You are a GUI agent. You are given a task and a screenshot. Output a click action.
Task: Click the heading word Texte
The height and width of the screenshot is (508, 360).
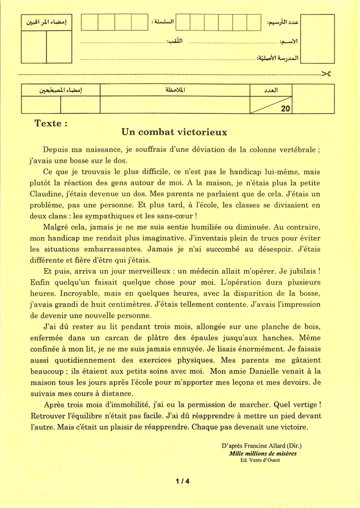pyautogui.click(x=48, y=123)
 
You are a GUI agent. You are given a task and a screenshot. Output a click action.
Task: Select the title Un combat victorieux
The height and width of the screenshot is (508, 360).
pyautogui.click(x=174, y=132)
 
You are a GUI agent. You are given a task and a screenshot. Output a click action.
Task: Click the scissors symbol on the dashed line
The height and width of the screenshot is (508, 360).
pyautogui.click(x=326, y=74)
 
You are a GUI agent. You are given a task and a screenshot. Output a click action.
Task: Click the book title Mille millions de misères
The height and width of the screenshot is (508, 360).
pyautogui.click(x=262, y=454)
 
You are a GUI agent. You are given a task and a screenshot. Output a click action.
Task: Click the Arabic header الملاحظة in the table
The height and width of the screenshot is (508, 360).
pyautogui.click(x=175, y=90)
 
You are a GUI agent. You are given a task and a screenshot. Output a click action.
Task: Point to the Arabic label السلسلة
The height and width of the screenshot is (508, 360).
pyautogui.click(x=162, y=22)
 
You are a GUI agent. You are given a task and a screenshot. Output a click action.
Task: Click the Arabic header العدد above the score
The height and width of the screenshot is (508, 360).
pyautogui.click(x=270, y=90)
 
